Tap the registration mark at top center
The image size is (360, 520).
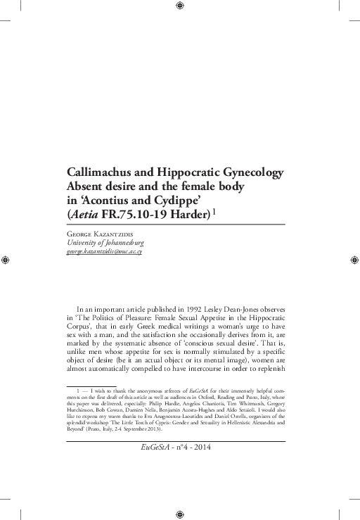[x=180, y=6]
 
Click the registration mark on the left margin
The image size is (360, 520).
[x=6, y=260]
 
